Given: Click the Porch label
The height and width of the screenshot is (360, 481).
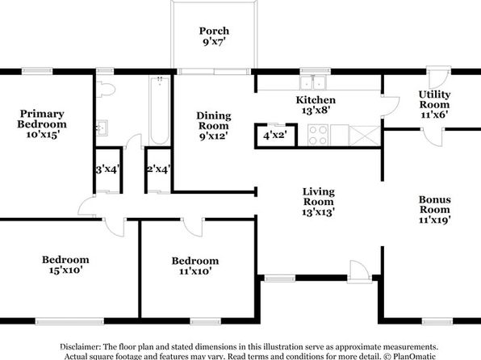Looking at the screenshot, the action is (x=214, y=31).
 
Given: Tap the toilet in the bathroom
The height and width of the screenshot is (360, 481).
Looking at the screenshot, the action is (x=106, y=90).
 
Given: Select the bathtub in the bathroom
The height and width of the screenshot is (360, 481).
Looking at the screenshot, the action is (x=160, y=111).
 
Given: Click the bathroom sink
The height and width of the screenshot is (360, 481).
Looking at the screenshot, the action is (x=102, y=128).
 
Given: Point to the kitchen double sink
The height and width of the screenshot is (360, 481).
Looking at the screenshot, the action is (x=313, y=82).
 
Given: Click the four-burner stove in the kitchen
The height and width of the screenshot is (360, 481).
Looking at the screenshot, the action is (x=318, y=135).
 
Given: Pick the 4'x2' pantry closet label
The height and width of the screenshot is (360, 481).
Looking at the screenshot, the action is (x=275, y=135).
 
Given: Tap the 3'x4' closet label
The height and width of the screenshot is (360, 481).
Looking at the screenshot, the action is (x=107, y=170).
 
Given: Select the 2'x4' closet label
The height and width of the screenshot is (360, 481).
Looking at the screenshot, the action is (x=159, y=170).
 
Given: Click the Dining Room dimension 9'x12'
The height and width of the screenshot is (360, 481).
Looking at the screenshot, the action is (x=214, y=136).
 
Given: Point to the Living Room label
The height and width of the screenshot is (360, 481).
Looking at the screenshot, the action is (x=319, y=197).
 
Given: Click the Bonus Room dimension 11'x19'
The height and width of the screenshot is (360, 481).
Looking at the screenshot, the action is (x=435, y=220).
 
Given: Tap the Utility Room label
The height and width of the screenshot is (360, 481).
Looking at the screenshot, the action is (x=434, y=99).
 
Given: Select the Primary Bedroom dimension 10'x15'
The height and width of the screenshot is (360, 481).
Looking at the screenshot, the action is (x=42, y=135).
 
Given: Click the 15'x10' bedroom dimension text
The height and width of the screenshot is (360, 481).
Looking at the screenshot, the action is (x=65, y=270).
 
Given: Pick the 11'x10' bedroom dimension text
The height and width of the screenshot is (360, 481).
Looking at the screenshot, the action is (x=195, y=271).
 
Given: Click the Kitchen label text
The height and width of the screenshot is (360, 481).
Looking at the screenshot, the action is (x=316, y=100).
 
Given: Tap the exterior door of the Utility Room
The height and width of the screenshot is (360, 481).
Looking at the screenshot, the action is (x=438, y=77).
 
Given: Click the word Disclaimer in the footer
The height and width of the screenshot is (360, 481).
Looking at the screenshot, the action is (x=80, y=347).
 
